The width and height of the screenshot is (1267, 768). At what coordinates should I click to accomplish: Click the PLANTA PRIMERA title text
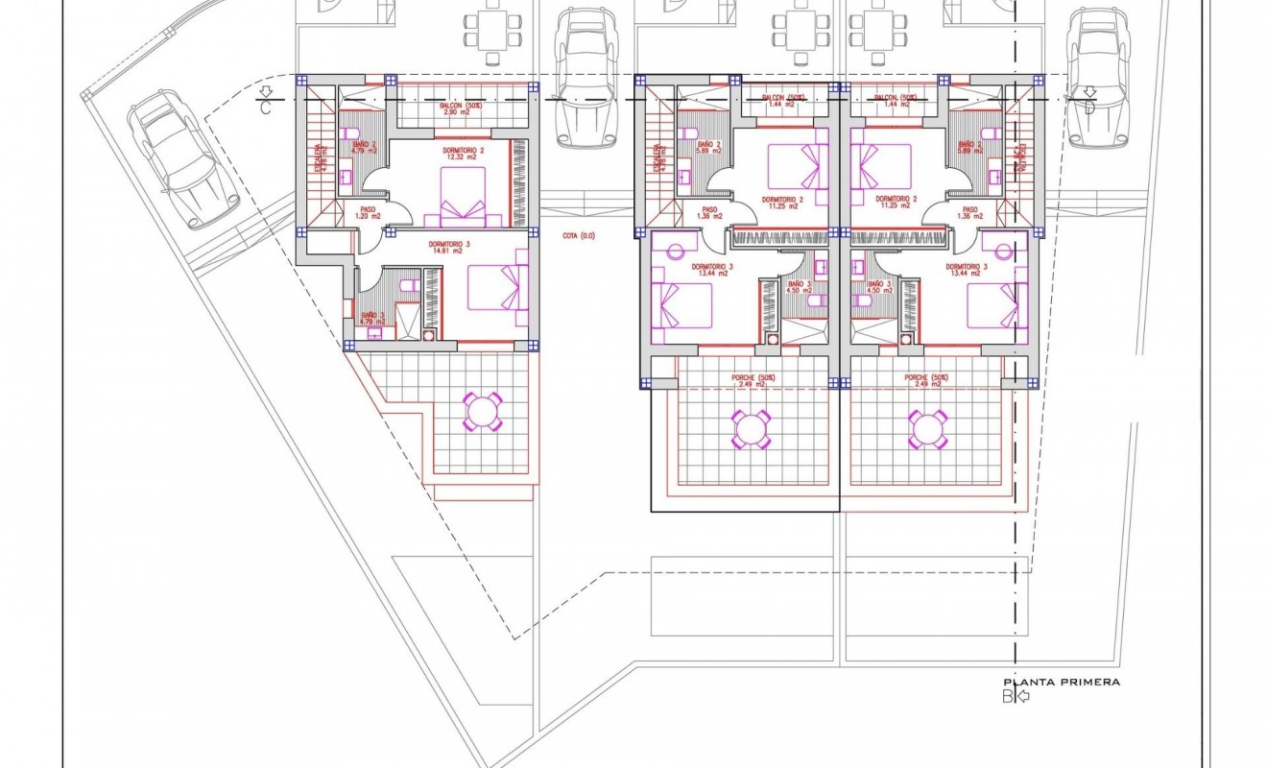1061,682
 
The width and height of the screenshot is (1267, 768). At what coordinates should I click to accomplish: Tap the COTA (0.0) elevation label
579,235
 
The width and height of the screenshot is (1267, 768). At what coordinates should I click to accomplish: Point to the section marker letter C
265,106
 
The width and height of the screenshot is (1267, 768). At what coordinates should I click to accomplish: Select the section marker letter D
1088,106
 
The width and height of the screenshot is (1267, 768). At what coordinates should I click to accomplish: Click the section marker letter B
1008,697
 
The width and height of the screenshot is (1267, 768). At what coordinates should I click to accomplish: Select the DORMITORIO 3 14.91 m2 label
449,249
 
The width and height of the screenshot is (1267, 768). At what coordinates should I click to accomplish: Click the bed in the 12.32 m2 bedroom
464,197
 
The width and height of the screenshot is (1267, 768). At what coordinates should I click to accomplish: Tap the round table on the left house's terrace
482,412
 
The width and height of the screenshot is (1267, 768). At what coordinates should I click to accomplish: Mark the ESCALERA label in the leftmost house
319,156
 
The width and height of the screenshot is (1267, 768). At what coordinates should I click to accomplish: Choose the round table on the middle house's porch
751,429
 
